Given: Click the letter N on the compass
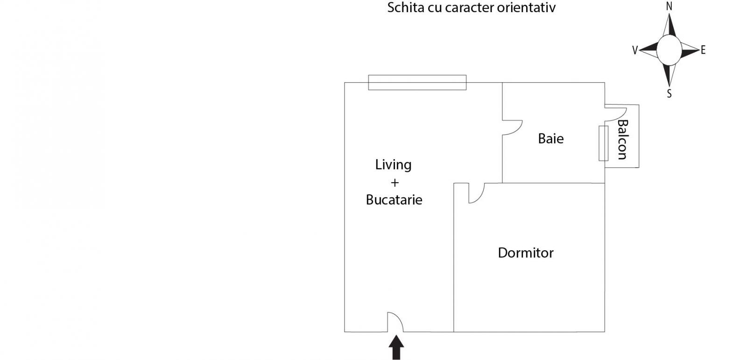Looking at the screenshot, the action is [669, 7].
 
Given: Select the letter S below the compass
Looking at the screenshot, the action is [669, 94].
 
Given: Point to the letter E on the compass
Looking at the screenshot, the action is [703, 50].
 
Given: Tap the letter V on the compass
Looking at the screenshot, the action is [635, 50].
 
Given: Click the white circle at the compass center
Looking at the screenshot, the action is [669, 50].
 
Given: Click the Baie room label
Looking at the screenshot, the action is [550, 139].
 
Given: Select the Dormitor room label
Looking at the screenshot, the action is [526, 253].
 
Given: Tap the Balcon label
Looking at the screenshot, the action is [623, 140].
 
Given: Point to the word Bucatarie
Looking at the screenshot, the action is [394, 200].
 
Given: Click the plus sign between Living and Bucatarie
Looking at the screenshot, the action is [395, 183].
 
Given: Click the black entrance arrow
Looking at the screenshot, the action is [396, 347].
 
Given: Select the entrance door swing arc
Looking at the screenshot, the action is [395, 322].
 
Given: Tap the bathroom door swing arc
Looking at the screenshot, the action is [513, 127].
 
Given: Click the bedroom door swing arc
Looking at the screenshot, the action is [477, 193].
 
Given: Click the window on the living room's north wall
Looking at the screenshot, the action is [417, 82].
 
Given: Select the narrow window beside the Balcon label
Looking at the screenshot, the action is [603, 143].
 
